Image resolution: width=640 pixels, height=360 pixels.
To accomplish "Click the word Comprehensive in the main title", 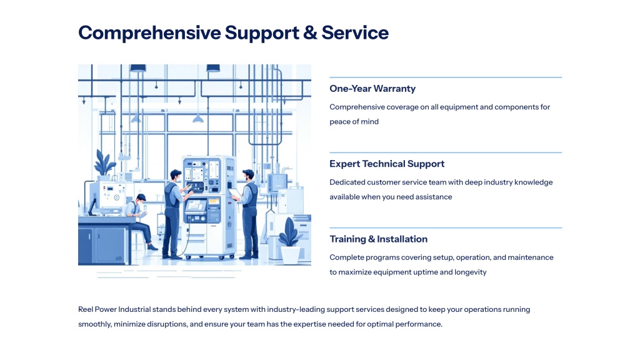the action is coord(149,33).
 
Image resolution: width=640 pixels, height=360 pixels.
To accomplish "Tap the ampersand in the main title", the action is coord(310,32).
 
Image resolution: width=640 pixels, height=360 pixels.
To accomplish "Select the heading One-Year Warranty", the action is coord(372,89).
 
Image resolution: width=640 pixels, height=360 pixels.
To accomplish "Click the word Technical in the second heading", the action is coord(383,164).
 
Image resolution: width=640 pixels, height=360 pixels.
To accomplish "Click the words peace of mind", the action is coord(354,122).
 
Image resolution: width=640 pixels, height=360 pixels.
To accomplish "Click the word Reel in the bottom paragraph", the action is coord(85,309).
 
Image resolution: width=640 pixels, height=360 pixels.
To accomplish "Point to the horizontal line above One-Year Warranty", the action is coord(446,77).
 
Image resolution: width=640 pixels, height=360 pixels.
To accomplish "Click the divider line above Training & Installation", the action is coord(446,227).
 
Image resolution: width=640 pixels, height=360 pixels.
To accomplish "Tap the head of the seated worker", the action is coord(141,199).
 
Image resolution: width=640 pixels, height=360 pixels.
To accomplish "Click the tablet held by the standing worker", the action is coord(235,193).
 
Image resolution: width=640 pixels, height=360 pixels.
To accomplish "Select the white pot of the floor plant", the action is coord(290,255).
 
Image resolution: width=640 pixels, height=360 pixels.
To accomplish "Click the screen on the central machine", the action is coord(196,205).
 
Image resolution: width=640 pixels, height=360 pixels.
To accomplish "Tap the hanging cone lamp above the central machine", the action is coord(198,118).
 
